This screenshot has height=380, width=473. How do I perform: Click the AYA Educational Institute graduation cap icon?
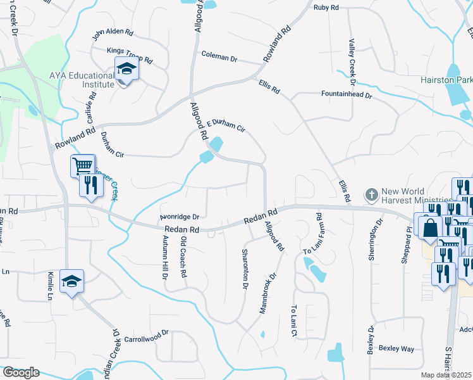click(126, 68)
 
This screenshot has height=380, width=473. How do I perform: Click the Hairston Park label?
click(446, 80)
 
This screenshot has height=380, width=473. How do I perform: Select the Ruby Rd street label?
click(326, 8)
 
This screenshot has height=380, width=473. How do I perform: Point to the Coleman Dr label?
click(219, 58)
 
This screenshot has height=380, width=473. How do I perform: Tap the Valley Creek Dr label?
click(352, 61)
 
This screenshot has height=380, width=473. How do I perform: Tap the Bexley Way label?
click(396, 348)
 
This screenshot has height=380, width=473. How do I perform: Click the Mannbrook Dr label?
click(269, 293)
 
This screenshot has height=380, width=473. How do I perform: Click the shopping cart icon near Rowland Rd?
click(83, 166)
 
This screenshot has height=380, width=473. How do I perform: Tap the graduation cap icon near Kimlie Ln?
click(71, 281)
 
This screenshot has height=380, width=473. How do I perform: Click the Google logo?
click(21, 372)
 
